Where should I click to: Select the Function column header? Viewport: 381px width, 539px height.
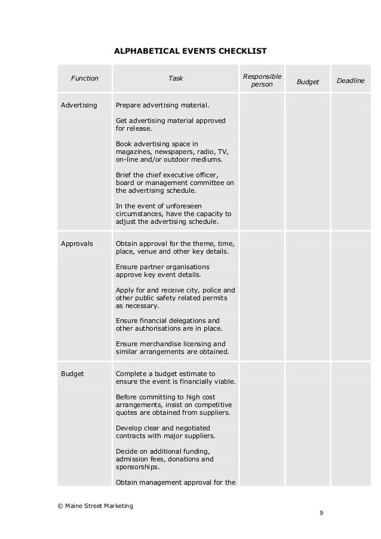(85, 78)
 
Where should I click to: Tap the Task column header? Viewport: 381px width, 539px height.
(176, 78)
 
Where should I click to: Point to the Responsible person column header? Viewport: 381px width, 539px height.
(262, 81)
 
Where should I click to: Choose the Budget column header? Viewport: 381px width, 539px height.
(308, 82)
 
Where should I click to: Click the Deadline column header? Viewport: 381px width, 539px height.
(351, 80)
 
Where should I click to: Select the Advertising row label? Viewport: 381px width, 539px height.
(79, 105)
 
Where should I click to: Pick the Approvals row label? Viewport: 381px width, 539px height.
(77, 244)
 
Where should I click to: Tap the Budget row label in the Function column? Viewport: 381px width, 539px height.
(72, 374)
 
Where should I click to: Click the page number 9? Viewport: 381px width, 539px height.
(321, 513)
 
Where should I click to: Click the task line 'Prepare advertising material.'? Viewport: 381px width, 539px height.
(162, 105)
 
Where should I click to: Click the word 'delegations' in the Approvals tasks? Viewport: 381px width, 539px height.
(185, 321)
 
